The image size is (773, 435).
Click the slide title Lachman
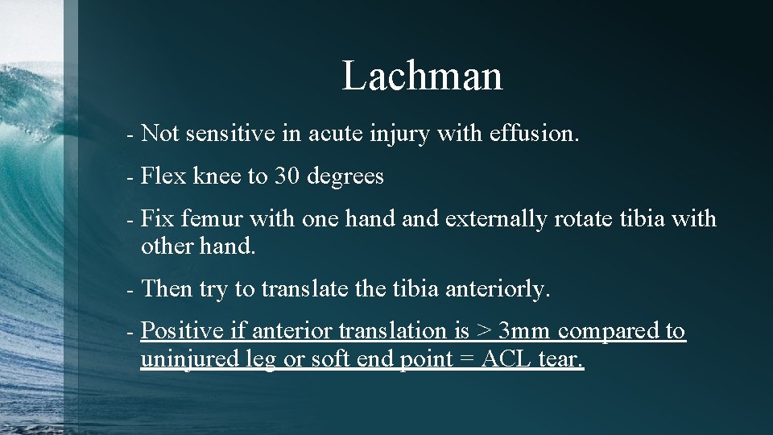click(422, 76)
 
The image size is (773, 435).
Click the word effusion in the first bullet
click(533, 134)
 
